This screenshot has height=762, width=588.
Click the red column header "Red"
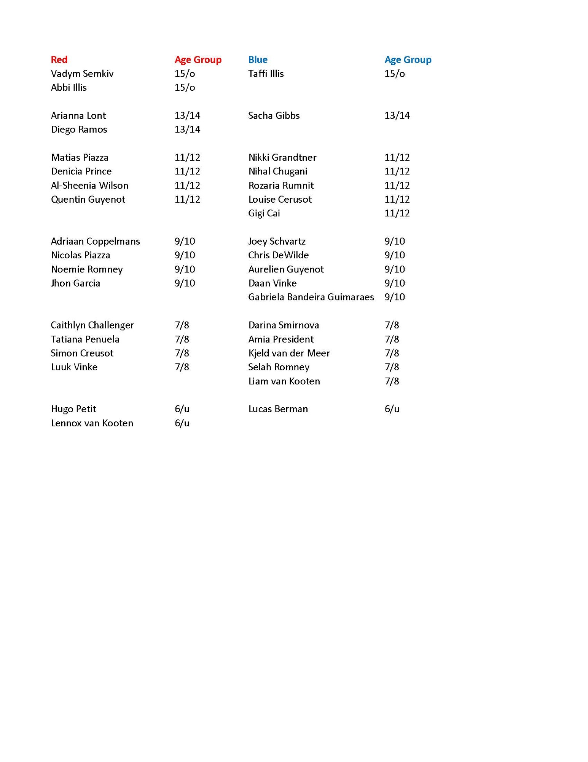[59, 60]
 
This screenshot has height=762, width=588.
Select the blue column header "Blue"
[258, 60]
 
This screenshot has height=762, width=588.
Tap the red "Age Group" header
[198, 60]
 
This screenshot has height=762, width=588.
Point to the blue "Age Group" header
[408, 60]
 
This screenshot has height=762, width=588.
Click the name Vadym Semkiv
[82, 74]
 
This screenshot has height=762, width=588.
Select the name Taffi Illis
[266, 74]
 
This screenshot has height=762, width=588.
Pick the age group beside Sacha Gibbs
[397, 115]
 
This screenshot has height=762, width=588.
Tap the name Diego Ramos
[79, 130]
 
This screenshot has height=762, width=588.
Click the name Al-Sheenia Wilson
[89, 186]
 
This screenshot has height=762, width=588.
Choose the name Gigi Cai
[264, 213]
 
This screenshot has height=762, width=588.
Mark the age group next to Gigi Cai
[397, 213]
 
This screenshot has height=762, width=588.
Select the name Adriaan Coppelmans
[95, 241]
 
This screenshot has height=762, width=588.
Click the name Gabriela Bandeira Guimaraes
[311, 297]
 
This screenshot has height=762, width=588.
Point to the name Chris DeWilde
[278, 255]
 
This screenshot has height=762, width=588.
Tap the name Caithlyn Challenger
[92, 325]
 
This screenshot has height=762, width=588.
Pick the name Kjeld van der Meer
[289, 353]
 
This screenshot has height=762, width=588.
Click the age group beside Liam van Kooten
[392, 381]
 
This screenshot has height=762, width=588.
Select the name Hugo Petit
[73, 409]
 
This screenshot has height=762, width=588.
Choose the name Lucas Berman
[278, 409]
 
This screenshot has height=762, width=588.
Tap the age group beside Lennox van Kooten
[182, 423]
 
